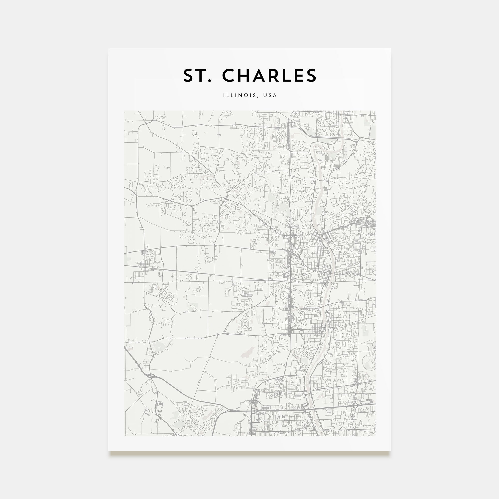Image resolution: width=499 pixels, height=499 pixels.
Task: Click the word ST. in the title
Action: point(197,76)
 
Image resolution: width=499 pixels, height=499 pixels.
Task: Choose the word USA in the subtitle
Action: point(270,95)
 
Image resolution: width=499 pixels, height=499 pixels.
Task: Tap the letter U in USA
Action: point(265,95)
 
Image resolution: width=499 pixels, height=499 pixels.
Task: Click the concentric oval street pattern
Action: point(245,323)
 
